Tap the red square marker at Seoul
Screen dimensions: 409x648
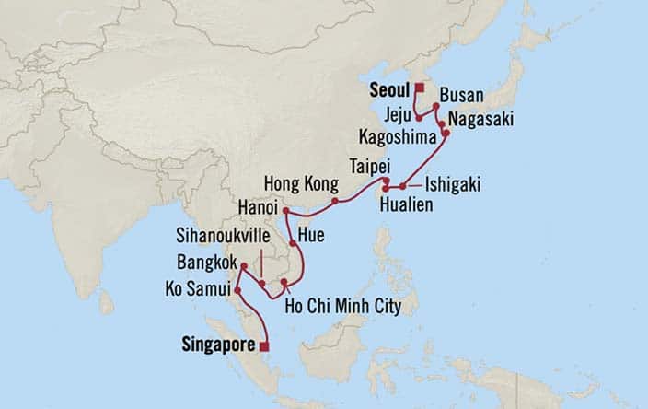tap(419, 88)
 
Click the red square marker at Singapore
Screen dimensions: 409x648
tap(265, 346)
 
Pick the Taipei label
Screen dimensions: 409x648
tap(367, 167)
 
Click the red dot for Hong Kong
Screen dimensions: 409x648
tap(335, 200)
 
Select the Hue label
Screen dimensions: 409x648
tap(312, 235)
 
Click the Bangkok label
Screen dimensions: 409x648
tap(204, 261)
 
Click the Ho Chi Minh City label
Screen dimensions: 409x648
tap(343, 305)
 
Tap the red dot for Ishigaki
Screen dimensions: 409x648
tap(402, 187)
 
